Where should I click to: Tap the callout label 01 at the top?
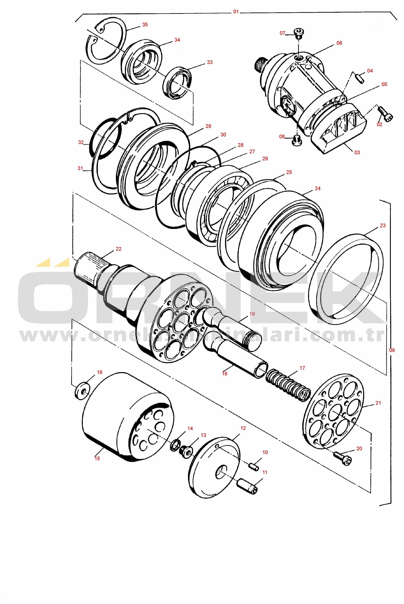coord(236,12)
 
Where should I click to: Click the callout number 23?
coord(383,225)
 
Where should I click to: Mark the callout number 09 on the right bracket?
coord(392,350)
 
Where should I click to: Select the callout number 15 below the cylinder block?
coord(97,458)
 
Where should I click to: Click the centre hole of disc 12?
coord(221,472)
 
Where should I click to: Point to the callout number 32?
coord(81,142)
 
